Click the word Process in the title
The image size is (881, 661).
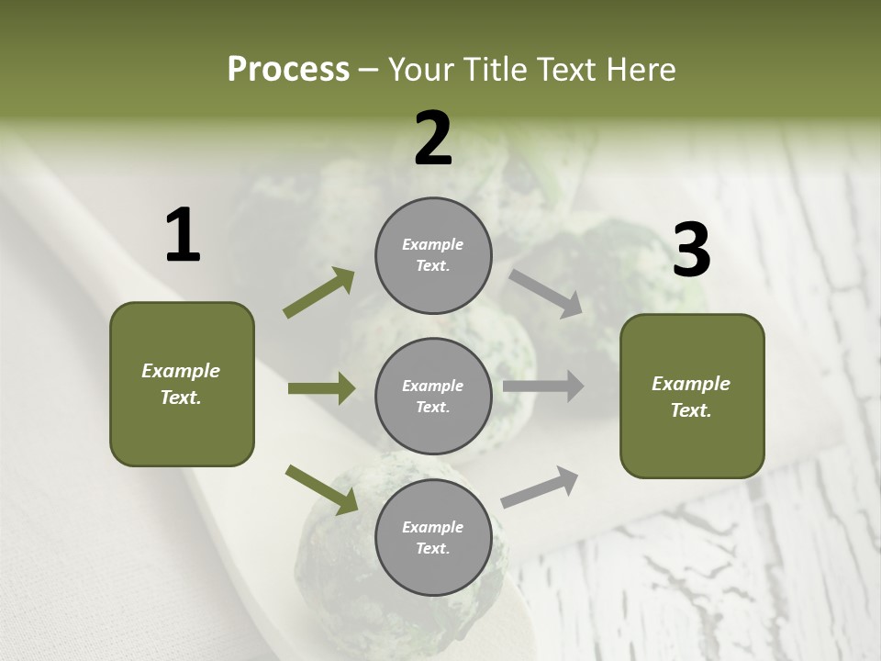point(288,70)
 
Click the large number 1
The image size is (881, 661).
point(183,236)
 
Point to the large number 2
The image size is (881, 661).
point(433,139)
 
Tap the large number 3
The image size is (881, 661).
point(691,251)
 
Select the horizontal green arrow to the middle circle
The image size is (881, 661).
point(321,388)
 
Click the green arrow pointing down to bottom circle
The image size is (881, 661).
point(321,489)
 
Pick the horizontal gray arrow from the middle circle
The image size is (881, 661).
point(543,387)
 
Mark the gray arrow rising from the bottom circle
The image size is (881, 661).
point(540,487)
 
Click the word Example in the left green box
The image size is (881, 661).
point(181,371)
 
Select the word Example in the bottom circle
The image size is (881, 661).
point(432,527)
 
